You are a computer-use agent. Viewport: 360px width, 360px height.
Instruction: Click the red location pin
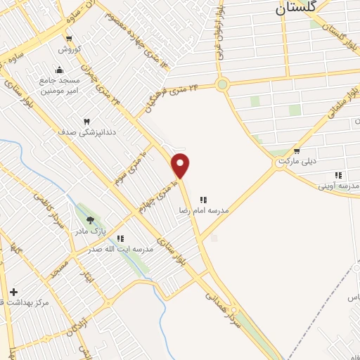tap(181, 165)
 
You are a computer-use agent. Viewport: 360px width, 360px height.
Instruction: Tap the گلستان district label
tap(292, 8)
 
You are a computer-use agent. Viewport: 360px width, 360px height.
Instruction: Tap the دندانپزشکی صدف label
tap(87, 131)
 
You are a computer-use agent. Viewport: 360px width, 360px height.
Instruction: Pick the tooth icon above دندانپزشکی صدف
tap(87, 121)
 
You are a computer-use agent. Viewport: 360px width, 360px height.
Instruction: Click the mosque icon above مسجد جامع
tap(59, 70)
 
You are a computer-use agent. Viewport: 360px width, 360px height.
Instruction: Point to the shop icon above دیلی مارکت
tap(297, 150)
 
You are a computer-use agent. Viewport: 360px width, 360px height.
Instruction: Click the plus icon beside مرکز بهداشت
tap(13, 291)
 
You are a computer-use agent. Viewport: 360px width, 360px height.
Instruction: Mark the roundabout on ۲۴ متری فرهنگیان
tap(223, 85)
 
